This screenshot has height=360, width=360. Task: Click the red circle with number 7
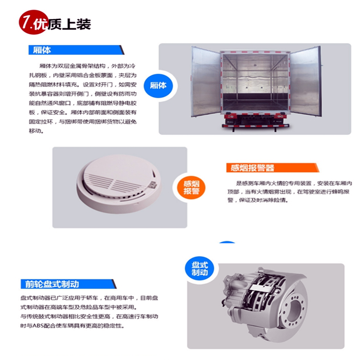(34, 22)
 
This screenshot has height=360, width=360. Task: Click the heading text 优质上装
(63, 24)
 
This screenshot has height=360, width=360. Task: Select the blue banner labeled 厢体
(76, 50)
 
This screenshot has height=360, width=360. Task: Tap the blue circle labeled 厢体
(158, 85)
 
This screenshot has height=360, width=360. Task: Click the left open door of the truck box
(206, 81)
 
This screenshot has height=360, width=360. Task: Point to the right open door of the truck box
(306, 81)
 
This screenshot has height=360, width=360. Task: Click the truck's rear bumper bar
(255, 126)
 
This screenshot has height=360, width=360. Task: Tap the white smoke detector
(119, 184)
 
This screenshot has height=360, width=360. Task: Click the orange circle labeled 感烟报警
(191, 187)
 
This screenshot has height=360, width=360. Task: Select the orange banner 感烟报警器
(273, 167)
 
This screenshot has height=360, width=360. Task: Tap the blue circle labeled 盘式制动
(199, 269)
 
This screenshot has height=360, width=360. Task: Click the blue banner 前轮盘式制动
(68, 284)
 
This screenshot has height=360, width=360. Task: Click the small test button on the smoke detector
(153, 184)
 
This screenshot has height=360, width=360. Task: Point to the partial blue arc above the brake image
(227, 242)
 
